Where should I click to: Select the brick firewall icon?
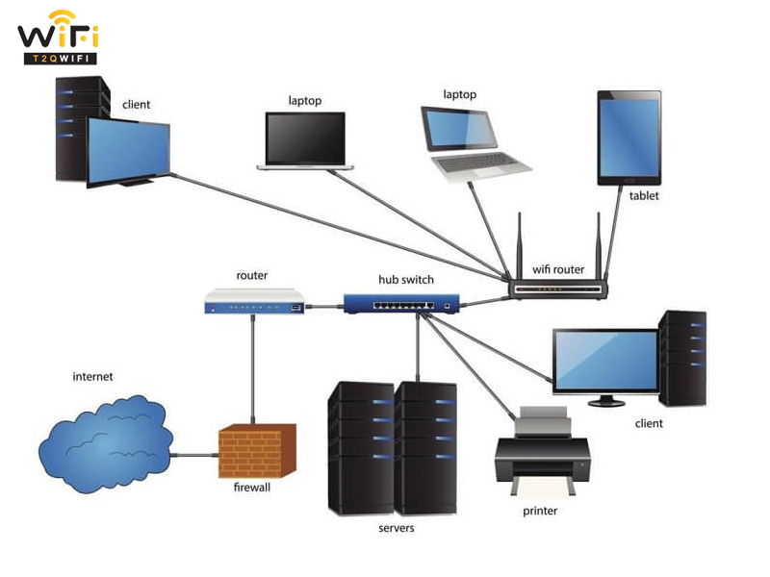pyautogui.click(x=249, y=451)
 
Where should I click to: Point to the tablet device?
pyautogui.click(x=629, y=138)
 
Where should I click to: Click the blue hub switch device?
pyautogui.click(x=403, y=304)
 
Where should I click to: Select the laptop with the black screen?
pyautogui.click(x=305, y=140)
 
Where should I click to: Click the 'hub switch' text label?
pyautogui.click(x=405, y=280)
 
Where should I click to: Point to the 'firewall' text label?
pyautogui.click(x=253, y=489)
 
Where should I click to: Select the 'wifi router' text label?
pyautogui.click(x=557, y=269)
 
